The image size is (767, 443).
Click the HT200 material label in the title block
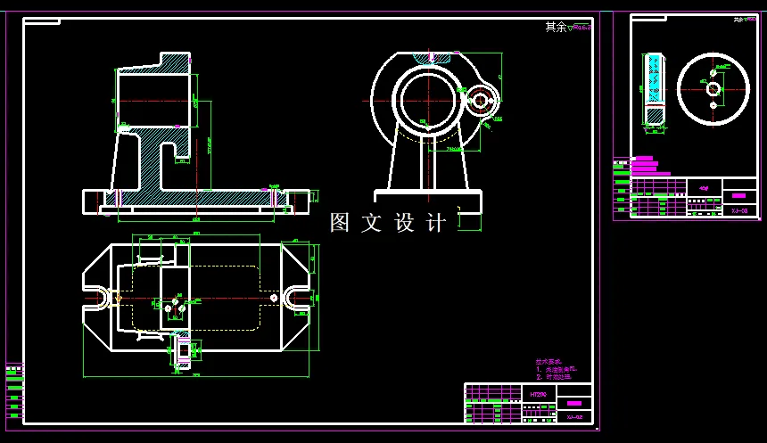tap(538, 393)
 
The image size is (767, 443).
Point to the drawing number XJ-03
tap(739, 211)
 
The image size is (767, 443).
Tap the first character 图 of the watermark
tap(340, 223)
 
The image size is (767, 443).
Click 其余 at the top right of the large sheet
tap(556, 27)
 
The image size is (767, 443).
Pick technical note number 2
tap(553, 377)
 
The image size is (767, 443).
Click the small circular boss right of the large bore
tap(481, 101)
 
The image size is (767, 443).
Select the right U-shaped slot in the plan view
tap(295, 298)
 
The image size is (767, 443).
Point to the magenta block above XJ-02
tap(573, 404)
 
